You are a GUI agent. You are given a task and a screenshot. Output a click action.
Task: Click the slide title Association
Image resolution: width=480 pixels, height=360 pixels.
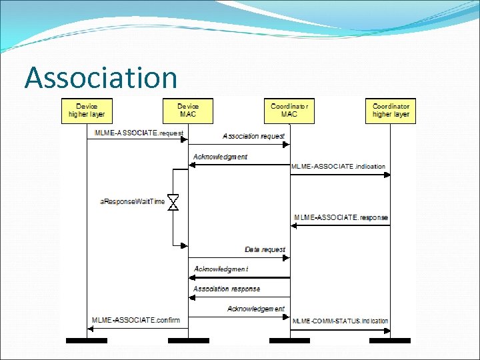[101, 77]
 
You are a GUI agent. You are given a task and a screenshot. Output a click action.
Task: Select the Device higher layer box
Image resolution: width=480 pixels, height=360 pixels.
[87, 111]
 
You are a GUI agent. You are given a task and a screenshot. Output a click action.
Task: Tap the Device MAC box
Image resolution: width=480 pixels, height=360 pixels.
[188, 111]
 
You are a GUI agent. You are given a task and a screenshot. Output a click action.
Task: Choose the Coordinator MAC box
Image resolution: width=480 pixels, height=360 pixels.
[289, 111]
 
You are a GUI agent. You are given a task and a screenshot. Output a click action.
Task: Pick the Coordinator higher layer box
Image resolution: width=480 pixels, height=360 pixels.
[391, 111]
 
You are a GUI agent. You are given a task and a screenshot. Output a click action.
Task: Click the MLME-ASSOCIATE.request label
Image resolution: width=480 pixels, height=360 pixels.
[139, 133]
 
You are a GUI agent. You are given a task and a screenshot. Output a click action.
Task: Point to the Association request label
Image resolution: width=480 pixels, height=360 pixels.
[253, 136]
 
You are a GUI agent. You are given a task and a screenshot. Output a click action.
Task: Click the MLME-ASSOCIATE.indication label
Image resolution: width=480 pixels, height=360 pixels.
[339, 167]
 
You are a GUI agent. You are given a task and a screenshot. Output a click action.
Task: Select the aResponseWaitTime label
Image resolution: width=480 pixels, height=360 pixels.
[132, 201]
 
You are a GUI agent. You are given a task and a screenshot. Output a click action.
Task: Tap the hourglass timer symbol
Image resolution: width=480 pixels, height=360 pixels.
[173, 202]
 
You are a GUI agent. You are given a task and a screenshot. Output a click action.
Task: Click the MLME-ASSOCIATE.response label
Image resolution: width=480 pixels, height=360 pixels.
[341, 217]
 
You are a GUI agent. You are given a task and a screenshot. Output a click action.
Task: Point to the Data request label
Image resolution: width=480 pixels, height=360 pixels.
[265, 249]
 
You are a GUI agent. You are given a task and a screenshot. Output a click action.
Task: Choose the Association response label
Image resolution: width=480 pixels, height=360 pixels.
[227, 289]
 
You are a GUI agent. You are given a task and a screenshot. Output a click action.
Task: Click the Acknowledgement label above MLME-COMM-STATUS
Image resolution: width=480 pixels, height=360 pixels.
[255, 309]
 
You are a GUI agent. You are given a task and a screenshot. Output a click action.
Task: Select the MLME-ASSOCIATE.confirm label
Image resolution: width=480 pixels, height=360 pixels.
[136, 321]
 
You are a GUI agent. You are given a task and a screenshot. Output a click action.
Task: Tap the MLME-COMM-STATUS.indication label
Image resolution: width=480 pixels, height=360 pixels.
[341, 321]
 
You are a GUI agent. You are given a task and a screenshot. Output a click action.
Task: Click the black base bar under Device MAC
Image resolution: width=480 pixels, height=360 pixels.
[188, 341]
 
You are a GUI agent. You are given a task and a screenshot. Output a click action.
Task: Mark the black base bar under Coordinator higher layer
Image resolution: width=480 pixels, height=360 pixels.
[391, 341]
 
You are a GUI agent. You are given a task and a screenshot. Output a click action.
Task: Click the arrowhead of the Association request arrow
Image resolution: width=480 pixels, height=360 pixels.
[286, 144]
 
